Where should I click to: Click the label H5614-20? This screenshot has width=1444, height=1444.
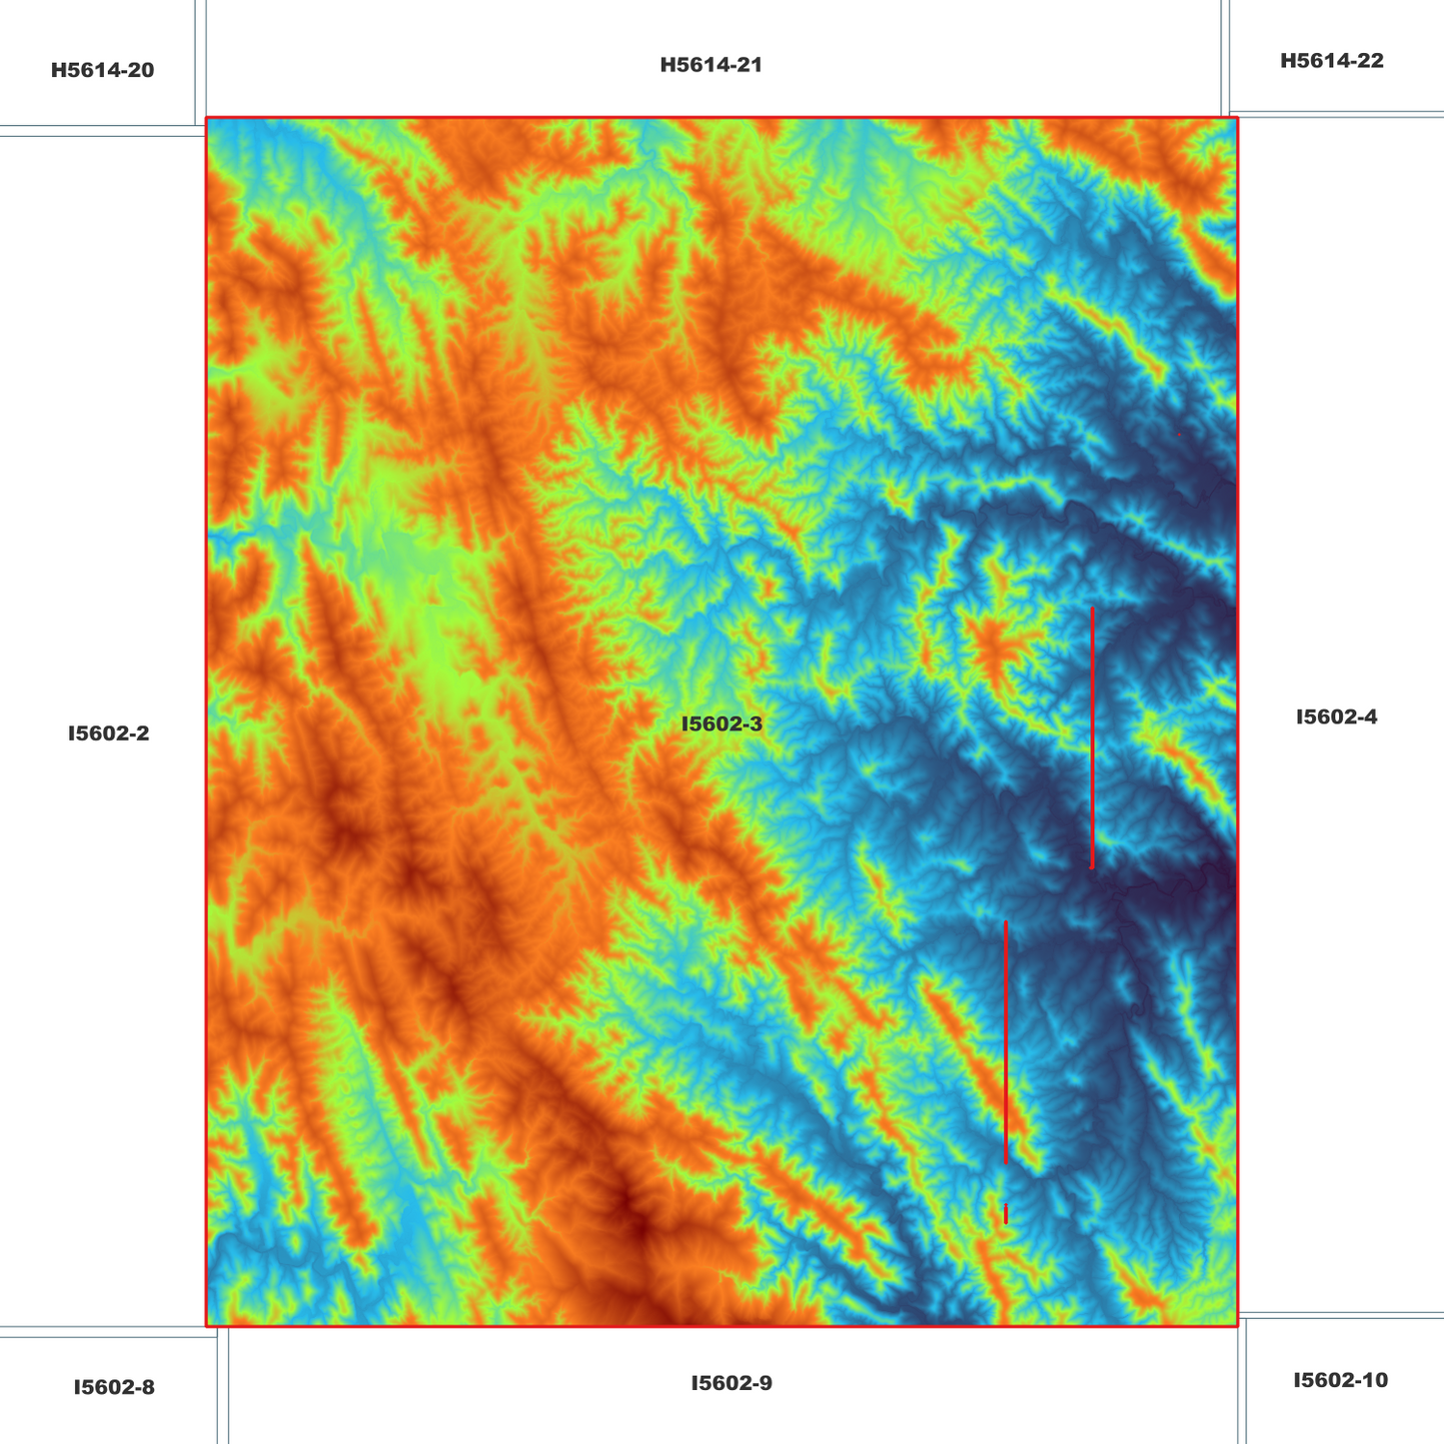[x=102, y=71]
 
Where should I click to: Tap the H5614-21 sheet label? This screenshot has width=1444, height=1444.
[x=711, y=66]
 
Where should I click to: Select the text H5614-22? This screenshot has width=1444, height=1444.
[x=1331, y=61]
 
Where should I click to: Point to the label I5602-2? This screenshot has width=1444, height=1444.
[x=108, y=733]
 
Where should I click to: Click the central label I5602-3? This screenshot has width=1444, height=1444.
[x=722, y=723]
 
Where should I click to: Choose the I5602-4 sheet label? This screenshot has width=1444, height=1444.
[x=1336, y=717]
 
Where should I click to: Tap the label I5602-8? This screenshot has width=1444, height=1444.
[x=114, y=1387]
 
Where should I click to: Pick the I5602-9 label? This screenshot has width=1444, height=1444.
[x=731, y=1383]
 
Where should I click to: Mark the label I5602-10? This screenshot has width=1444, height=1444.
[x=1340, y=1380]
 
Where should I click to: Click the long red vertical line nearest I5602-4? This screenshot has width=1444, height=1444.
[x=1092, y=737]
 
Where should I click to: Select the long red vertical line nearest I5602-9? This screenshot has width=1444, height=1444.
[x=1005, y=1041]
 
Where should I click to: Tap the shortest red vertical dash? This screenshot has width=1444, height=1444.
[x=1005, y=1214]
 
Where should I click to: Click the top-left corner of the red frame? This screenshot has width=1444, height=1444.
[x=206, y=118]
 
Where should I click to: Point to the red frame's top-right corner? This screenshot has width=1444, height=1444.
[x=1237, y=118]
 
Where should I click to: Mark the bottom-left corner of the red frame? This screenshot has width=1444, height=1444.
[x=206, y=1326]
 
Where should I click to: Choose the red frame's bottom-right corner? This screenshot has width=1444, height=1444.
[x=1237, y=1326]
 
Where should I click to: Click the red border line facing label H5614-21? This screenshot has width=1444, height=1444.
[x=711, y=118]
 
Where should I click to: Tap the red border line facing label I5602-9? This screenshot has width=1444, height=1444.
[x=731, y=1326]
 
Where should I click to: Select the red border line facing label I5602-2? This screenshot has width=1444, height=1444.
[x=206, y=733]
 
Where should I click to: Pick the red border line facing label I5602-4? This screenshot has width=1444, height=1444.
[x=1237, y=717]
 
